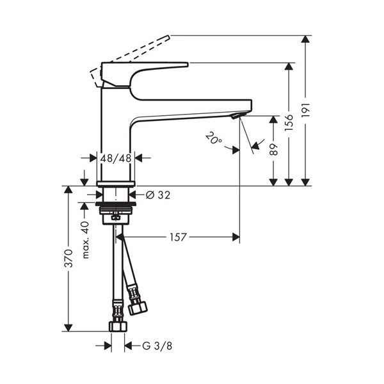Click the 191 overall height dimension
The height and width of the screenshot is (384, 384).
[x=306, y=110]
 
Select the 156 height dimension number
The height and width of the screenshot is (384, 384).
[x=289, y=122]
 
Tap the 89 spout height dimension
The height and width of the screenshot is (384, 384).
[x=273, y=149]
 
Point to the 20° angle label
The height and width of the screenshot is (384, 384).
[x=214, y=138]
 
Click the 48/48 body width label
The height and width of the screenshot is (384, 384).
[x=116, y=158]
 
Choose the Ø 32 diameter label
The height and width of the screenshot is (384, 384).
[x=158, y=195]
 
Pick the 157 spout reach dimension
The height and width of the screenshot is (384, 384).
[x=179, y=237]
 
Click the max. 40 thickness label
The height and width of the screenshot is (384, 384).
[x=86, y=240]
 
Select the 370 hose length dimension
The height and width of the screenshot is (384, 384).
[x=68, y=259]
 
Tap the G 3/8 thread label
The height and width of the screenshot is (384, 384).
[x=157, y=346]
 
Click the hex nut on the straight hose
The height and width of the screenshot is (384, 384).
[x=118, y=326]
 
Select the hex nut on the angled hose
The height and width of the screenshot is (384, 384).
[x=138, y=308]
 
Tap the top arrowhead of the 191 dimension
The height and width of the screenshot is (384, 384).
[x=305, y=39]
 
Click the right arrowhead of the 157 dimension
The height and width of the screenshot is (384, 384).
[x=236, y=237]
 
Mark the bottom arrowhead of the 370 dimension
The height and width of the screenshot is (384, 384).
[x=68, y=328]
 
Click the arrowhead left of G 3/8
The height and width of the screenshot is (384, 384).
[x=108, y=346]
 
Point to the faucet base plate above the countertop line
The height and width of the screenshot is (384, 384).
[x=116, y=184]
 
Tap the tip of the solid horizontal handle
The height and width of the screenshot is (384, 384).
[x=187, y=65]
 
